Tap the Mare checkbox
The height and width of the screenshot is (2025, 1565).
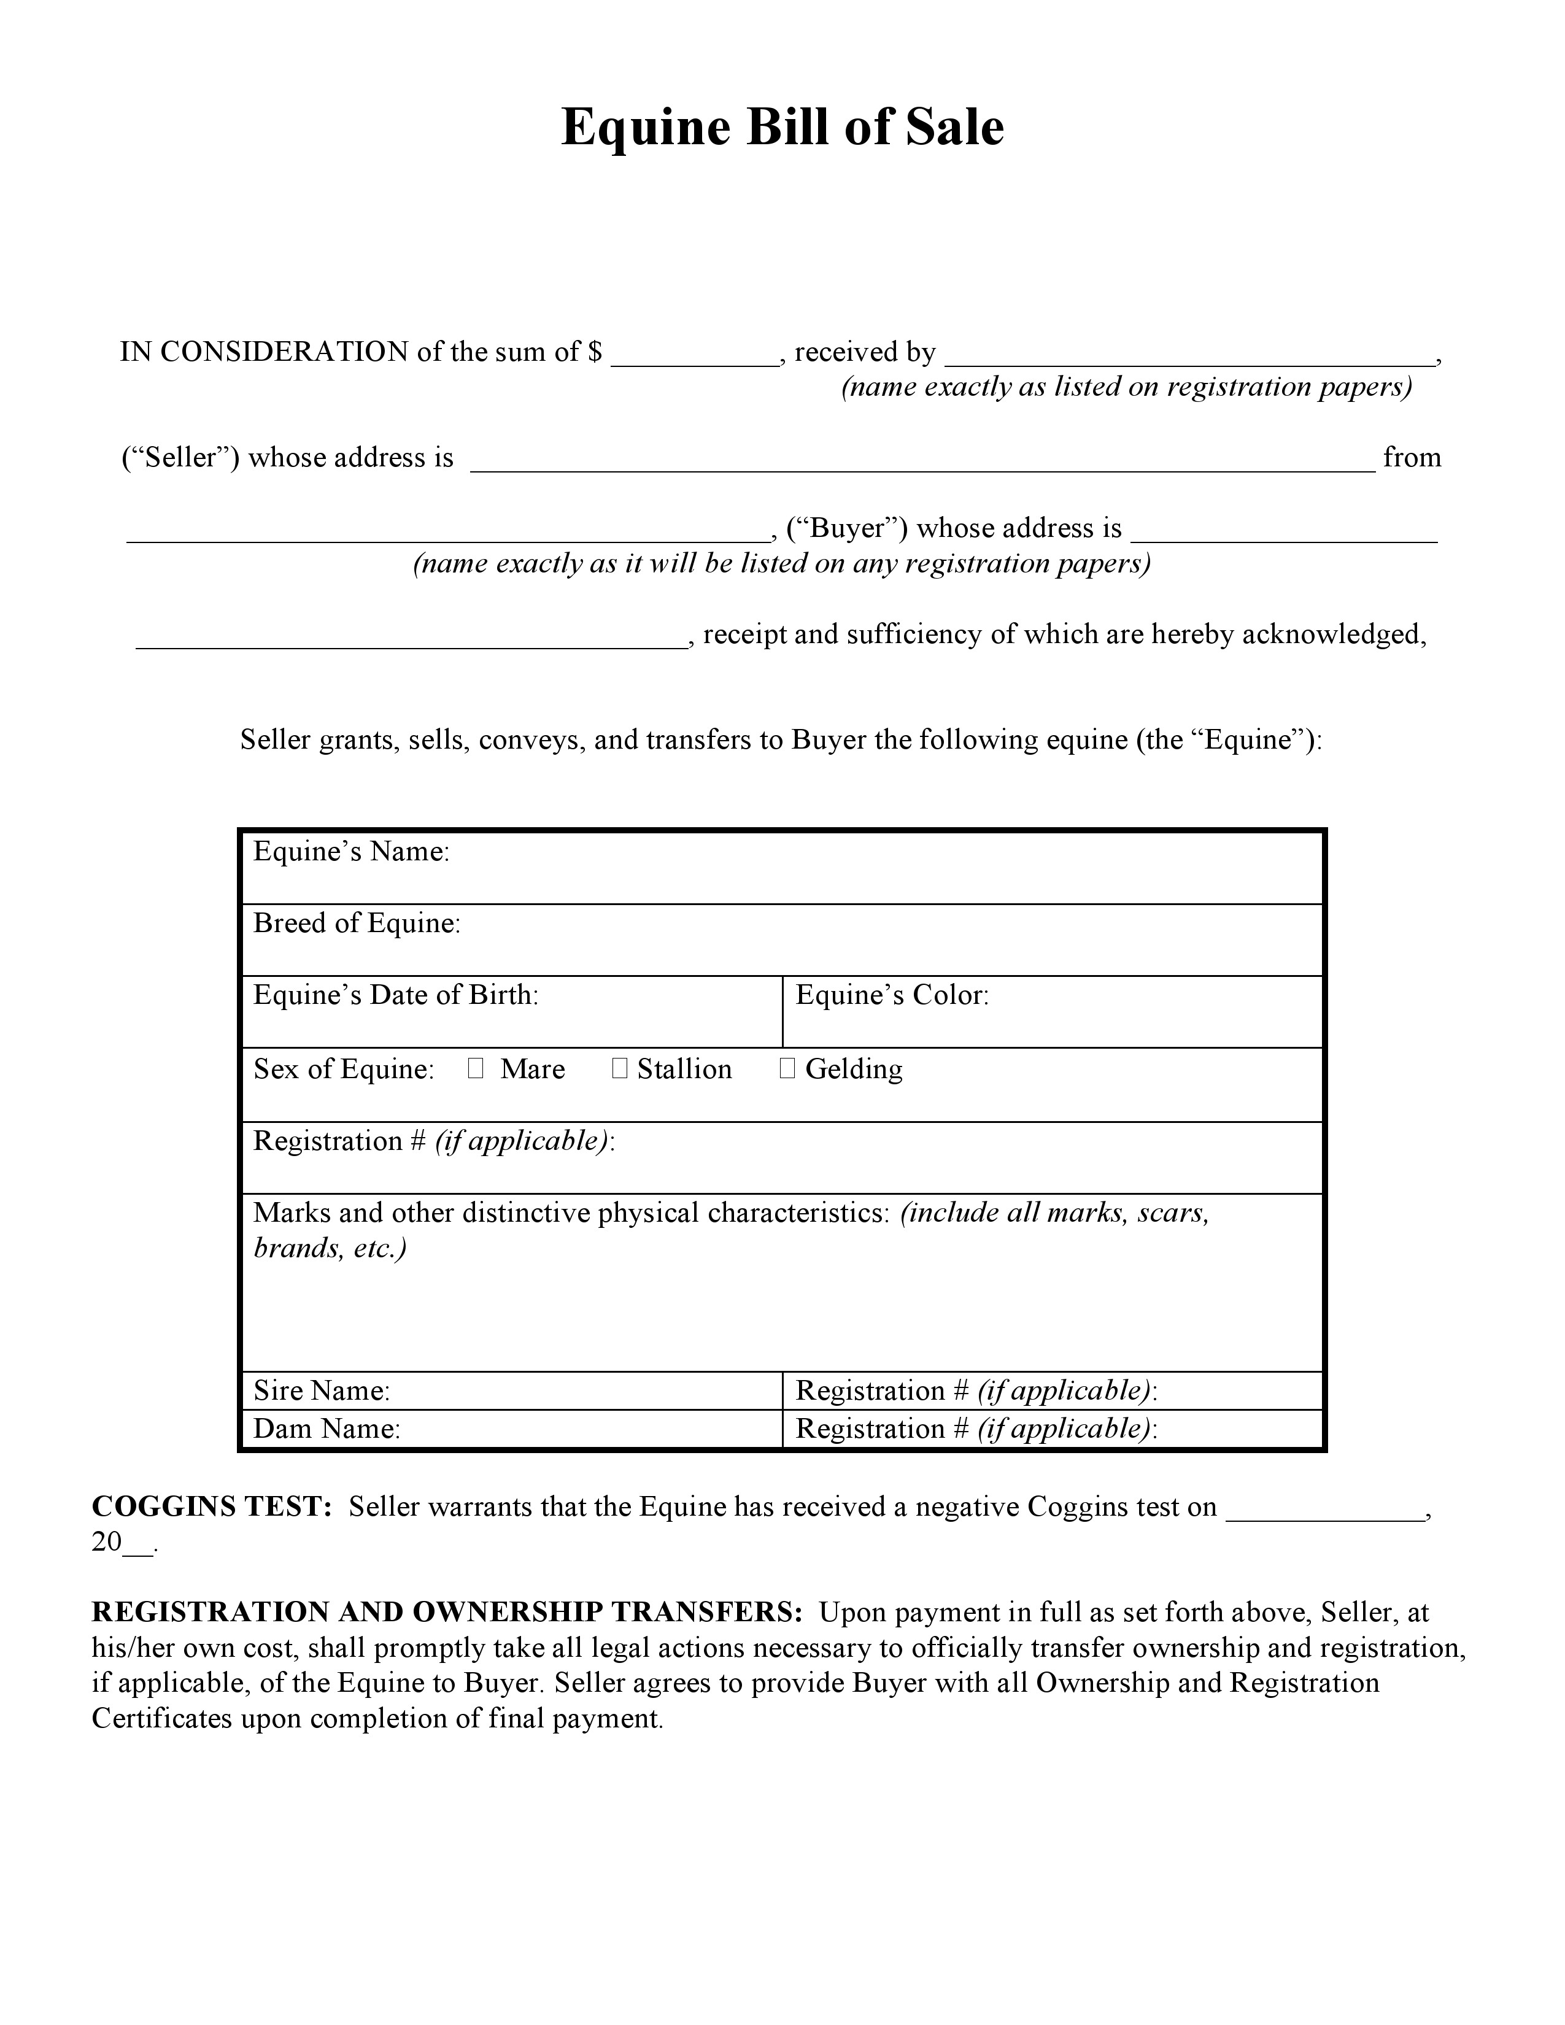476,1068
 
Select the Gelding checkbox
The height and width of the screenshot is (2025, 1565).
787,1068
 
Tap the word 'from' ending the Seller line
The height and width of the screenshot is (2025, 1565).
1411,458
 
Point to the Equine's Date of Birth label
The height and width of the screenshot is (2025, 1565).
396,995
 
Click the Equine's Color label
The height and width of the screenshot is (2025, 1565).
892,995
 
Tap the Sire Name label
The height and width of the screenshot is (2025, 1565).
322,1390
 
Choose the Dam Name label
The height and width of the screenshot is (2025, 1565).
327,1429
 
